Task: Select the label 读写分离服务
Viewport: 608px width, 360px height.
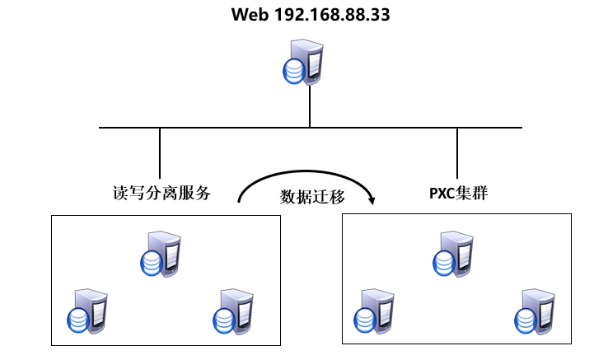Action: point(161,194)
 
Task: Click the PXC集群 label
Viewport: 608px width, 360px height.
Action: point(458,194)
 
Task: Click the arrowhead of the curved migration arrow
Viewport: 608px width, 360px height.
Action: point(372,199)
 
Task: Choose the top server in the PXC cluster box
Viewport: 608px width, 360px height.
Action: point(453,254)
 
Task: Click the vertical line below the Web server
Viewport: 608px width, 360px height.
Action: point(310,107)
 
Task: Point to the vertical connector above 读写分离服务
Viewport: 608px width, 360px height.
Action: point(160,152)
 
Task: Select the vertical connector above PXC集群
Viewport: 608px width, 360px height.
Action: point(457,152)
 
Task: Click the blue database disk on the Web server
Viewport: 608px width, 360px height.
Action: point(292,72)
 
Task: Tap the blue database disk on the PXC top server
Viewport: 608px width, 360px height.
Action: point(444,262)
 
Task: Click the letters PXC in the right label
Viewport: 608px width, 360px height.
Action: point(442,194)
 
